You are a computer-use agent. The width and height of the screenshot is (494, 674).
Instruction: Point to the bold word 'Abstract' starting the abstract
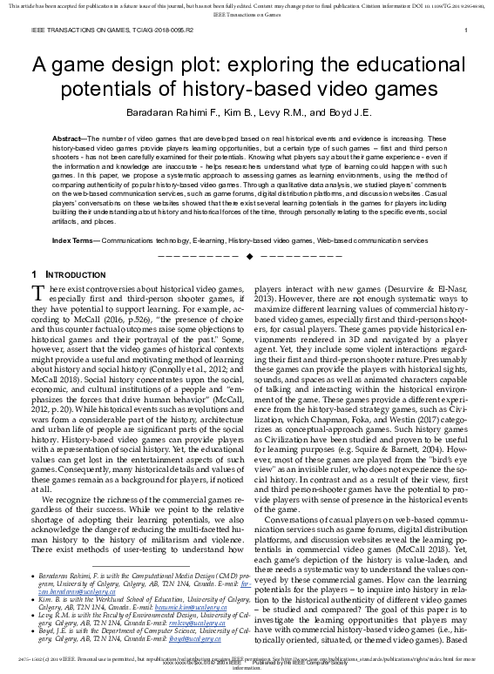point(70,139)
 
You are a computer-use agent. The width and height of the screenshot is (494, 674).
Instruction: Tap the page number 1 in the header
point(468,31)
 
